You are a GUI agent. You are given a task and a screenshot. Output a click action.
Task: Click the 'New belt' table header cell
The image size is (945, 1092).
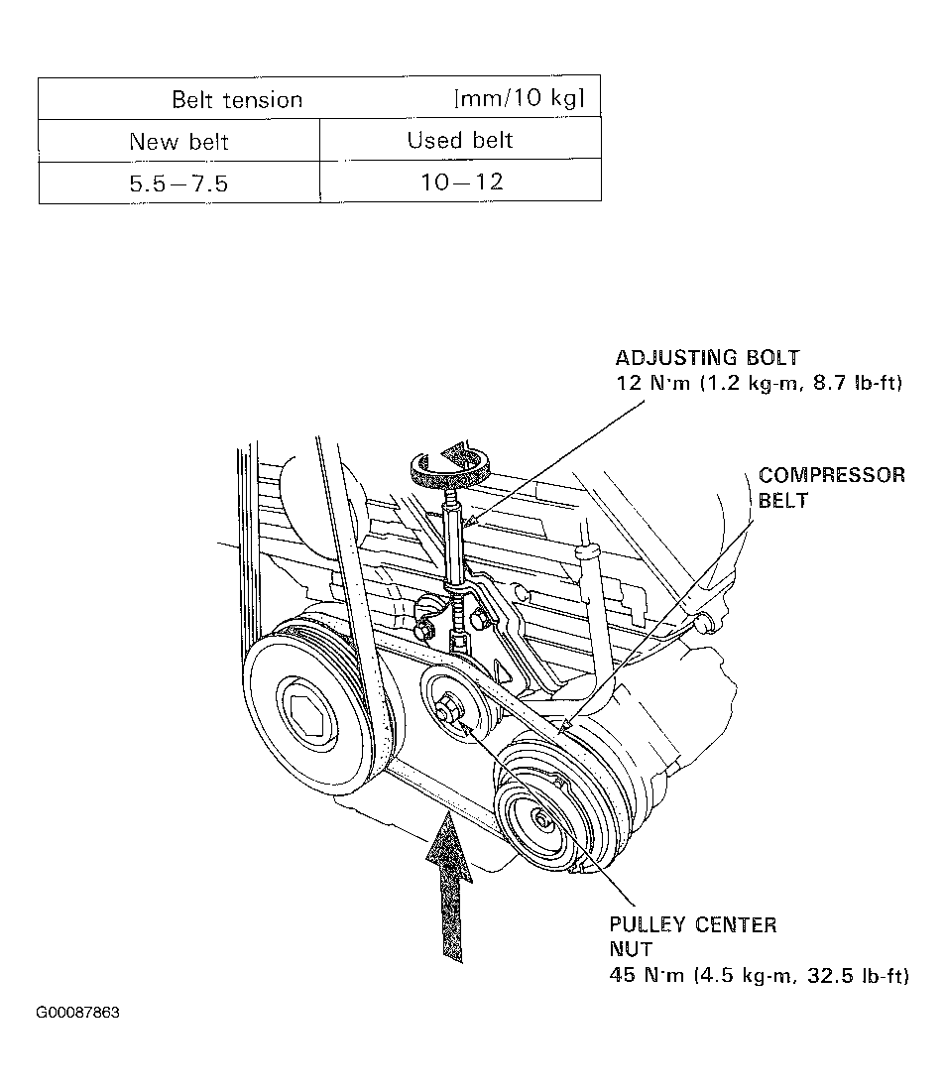178,141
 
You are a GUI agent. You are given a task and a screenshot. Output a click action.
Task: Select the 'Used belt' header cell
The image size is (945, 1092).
460,140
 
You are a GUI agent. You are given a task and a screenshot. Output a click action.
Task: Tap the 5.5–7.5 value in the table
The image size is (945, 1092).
178,183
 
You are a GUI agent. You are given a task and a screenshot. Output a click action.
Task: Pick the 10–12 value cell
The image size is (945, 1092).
460,182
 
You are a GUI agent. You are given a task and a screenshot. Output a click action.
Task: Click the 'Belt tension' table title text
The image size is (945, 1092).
237,99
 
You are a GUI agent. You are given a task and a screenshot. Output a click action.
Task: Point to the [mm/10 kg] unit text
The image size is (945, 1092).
519,98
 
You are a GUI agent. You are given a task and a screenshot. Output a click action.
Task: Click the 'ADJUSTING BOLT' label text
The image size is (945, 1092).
707,358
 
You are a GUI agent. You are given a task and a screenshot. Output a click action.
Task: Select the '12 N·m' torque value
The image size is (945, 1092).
650,383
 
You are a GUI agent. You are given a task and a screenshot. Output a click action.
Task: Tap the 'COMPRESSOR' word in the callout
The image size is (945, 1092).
832,475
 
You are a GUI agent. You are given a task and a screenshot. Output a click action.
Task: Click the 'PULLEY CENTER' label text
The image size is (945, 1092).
693,925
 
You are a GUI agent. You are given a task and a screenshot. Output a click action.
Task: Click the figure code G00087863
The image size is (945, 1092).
78,1013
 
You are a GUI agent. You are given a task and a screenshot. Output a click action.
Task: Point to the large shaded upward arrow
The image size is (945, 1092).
449,878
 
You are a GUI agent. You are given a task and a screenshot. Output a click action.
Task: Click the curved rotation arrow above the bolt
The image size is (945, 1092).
451,463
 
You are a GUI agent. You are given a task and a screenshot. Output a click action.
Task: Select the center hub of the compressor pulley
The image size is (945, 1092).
542,818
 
